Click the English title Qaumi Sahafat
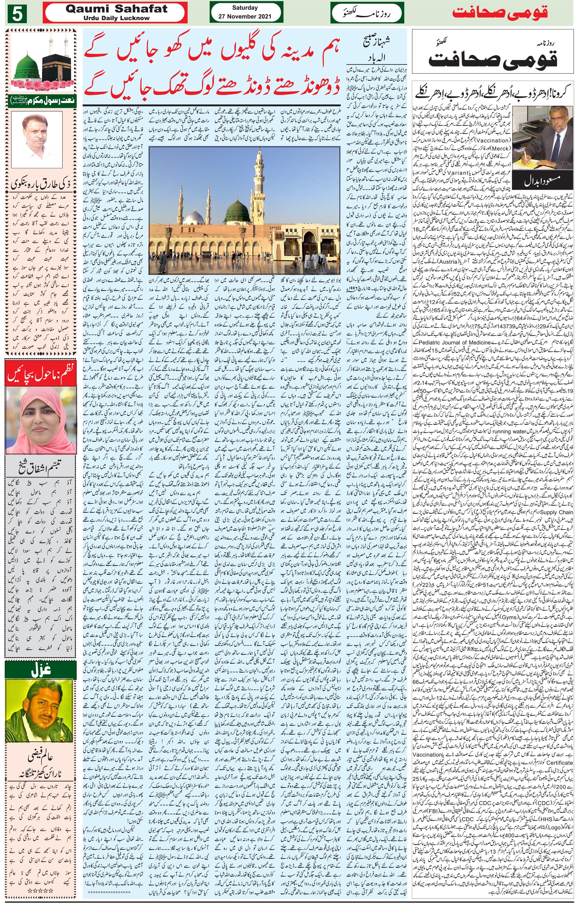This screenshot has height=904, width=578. [x=116, y=9]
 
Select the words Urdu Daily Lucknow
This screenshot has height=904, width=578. [x=116, y=18]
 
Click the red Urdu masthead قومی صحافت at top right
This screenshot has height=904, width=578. [x=500, y=13]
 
